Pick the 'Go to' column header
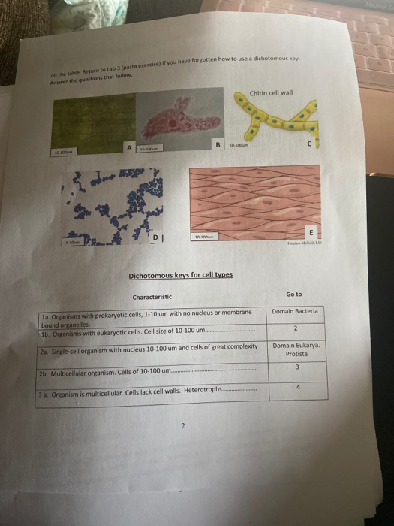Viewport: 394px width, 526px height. [x=294, y=295]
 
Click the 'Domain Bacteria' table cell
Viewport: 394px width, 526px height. [x=295, y=310]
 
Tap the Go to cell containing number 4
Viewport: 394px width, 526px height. [x=297, y=388]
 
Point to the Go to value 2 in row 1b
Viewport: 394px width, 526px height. [x=296, y=328]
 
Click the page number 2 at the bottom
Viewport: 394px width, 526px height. [x=181, y=426]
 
